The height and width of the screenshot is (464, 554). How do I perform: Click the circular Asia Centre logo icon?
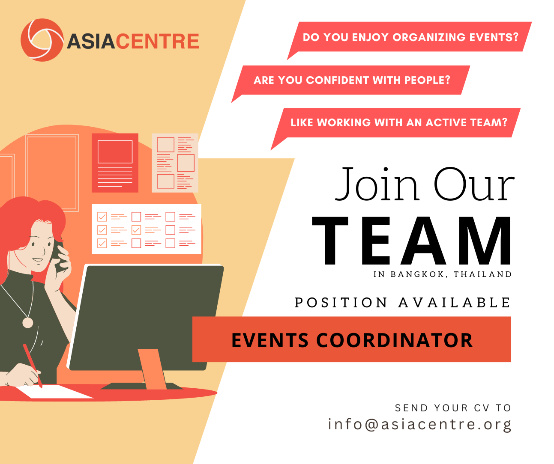pyautogui.click(x=42, y=40)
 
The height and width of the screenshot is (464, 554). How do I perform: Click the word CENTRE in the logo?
pyautogui.click(x=158, y=42)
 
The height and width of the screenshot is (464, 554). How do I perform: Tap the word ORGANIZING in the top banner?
pyautogui.click(x=428, y=37)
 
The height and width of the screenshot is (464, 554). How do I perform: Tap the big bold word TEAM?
pyautogui.click(x=411, y=241)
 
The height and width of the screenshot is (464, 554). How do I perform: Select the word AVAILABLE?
pyautogui.click(x=454, y=303)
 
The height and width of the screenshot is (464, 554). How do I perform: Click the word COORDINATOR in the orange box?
pyautogui.click(x=394, y=340)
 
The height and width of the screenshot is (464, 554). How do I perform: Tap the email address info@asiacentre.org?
pyautogui.click(x=419, y=425)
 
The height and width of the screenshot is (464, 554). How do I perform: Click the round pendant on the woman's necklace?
pyautogui.click(x=27, y=323)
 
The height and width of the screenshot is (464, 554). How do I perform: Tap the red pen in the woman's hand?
pyautogui.click(x=33, y=366)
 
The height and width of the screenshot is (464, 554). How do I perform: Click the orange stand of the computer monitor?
pyautogui.click(x=152, y=369)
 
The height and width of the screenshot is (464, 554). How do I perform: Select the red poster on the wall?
pyautogui.click(x=115, y=163)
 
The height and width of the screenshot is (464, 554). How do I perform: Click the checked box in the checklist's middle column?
pyautogui.click(x=136, y=230)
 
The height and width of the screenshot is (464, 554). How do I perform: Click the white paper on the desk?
pyautogui.click(x=54, y=391)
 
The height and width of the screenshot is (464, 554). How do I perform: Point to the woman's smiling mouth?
pyautogui.click(x=37, y=260)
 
